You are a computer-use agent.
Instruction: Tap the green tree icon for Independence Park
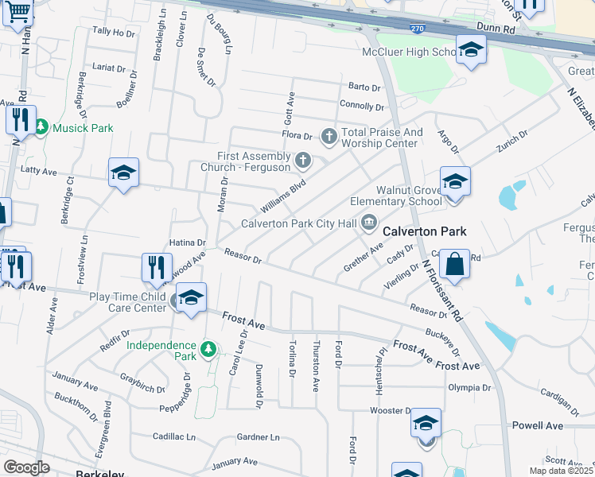click(208, 349)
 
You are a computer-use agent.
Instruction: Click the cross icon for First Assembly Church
click(301, 161)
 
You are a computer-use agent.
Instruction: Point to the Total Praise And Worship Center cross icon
click(329, 138)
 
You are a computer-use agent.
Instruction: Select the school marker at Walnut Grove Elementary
click(454, 182)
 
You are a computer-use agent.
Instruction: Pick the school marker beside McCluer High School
click(471, 50)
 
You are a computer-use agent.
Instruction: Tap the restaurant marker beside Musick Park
click(20, 119)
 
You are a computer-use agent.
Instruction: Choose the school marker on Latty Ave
click(123, 173)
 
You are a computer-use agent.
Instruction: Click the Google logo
click(26, 467)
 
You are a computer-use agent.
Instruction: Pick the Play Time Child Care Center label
click(127, 302)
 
